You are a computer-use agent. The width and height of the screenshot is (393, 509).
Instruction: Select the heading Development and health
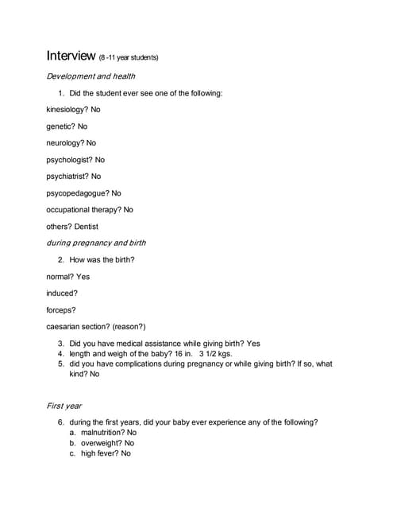tap(91, 76)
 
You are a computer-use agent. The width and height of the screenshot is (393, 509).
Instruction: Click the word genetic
tap(60, 126)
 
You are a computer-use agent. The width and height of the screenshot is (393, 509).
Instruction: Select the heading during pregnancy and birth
tap(96, 243)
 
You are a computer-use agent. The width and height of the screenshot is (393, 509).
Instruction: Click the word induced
tap(61, 293)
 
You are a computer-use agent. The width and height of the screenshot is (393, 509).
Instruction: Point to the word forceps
tap(60, 309)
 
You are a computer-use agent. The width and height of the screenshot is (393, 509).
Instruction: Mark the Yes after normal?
tap(83, 277)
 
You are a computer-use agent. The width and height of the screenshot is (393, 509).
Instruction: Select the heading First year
tap(64, 406)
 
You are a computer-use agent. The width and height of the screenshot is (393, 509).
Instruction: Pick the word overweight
tap(101, 443)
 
